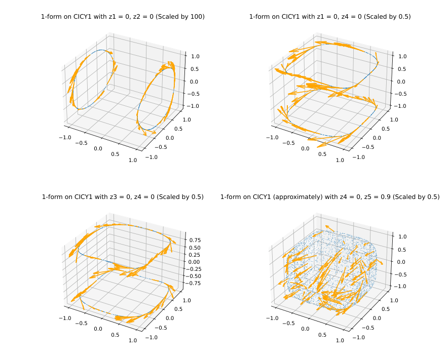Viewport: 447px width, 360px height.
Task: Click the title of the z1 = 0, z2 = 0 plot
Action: (x=123, y=17)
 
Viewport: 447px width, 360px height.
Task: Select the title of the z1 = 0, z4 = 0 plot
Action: (x=330, y=17)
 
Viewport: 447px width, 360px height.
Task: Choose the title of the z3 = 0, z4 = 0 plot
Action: (x=123, y=197)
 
